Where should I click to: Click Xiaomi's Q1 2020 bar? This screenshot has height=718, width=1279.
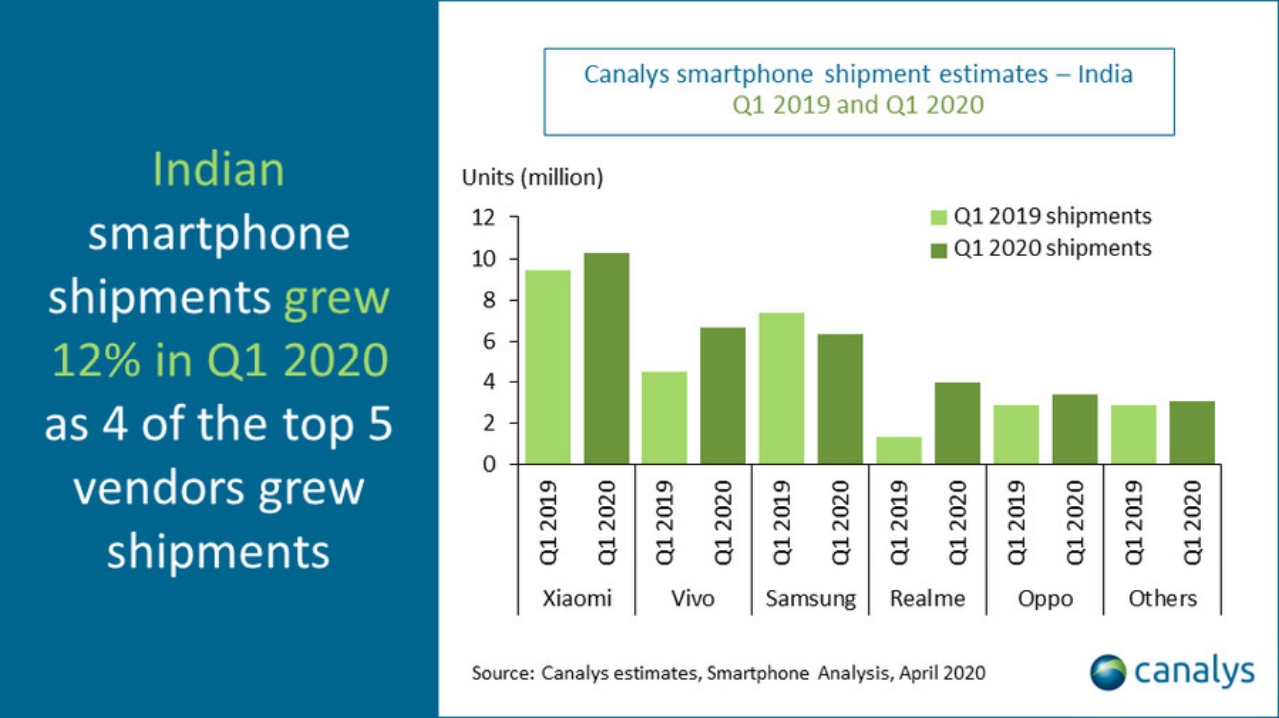pos(606,359)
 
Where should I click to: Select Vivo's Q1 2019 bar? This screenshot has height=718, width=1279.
pos(664,418)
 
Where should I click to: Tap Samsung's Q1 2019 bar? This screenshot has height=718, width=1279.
pos(781,388)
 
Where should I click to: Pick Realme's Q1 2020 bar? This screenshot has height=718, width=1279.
pos(958,423)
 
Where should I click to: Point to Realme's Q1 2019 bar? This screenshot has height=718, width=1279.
pos(899,450)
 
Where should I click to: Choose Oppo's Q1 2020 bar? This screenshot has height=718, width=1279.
pos(1075,429)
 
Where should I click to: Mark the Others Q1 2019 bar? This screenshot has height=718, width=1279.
pos(1134,434)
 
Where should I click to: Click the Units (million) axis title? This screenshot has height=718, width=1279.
pos(532,178)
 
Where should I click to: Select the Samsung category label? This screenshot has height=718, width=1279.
pos(811,599)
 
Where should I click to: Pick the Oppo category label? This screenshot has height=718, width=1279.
pos(1045,599)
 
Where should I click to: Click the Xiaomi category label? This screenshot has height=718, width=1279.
pos(577,599)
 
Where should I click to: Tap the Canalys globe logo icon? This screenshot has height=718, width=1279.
pos(1107,672)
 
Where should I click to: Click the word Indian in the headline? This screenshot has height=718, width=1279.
pos(218,171)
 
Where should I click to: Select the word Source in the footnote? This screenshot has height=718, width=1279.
pos(502,673)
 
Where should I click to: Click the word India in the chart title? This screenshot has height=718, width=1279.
pos(1105,74)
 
